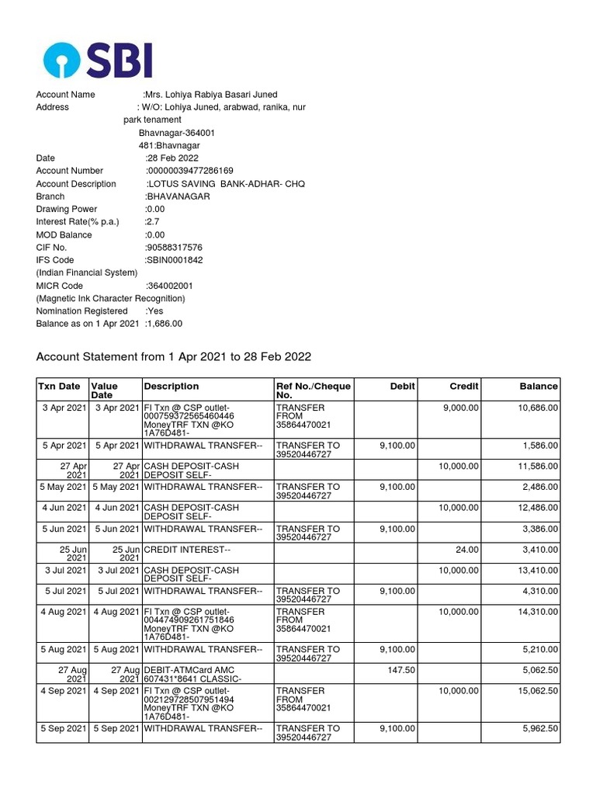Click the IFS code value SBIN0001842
click(x=174, y=260)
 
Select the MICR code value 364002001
click(x=170, y=286)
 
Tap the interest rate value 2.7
click(x=153, y=222)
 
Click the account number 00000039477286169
click(x=190, y=171)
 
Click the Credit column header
click(x=464, y=386)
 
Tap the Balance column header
click(x=539, y=386)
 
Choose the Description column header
click(x=171, y=386)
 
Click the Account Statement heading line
click(x=174, y=357)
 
